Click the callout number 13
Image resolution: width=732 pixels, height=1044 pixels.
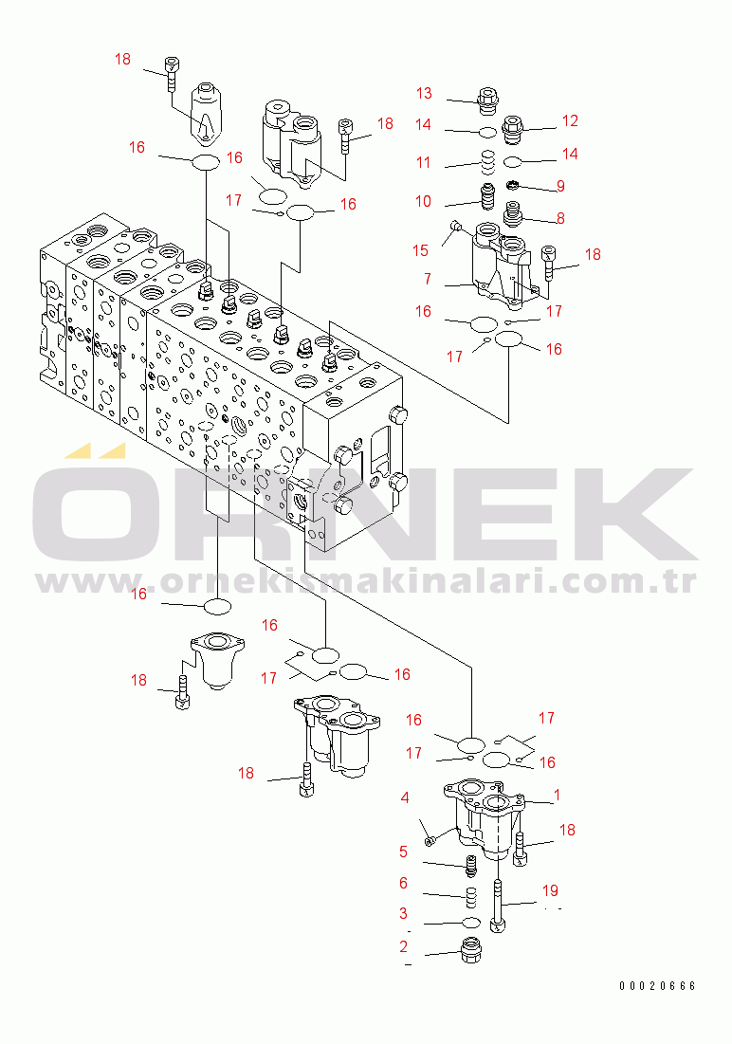click(x=424, y=93)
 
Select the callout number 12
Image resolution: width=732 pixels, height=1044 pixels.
click(x=569, y=120)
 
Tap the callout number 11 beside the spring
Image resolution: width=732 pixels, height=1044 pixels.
click(x=423, y=162)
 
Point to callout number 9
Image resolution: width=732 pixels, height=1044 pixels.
click(x=560, y=185)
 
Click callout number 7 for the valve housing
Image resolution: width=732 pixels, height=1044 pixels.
click(x=428, y=280)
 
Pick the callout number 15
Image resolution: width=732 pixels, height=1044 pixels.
click(x=421, y=250)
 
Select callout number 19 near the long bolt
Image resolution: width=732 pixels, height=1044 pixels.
click(x=550, y=890)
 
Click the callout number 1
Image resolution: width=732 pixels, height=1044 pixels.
click(x=557, y=795)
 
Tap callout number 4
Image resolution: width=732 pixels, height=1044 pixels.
click(x=405, y=797)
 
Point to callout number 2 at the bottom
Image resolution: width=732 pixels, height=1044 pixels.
click(x=404, y=945)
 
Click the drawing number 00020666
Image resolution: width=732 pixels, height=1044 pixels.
click(x=657, y=986)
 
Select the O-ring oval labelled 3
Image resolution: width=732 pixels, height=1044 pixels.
click(x=470, y=922)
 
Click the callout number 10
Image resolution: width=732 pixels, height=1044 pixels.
click(x=423, y=201)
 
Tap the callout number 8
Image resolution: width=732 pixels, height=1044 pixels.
click(x=560, y=218)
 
